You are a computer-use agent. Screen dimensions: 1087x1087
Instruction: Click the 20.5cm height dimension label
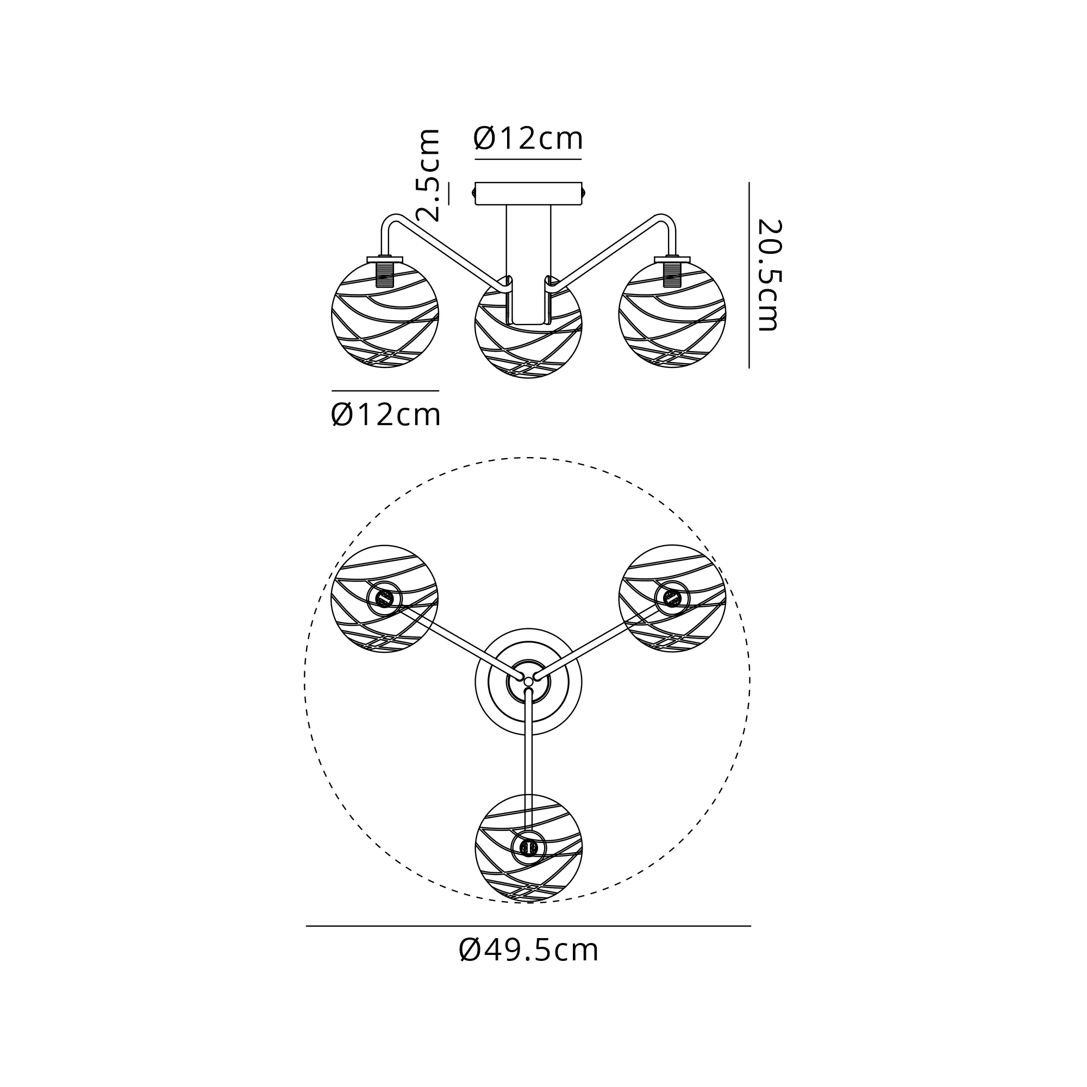(769, 275)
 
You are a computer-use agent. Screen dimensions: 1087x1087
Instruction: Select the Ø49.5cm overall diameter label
(528, 950)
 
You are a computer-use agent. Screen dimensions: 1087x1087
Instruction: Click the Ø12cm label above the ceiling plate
(528, 139)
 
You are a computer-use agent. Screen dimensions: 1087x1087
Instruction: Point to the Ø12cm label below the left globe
(385, 415)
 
